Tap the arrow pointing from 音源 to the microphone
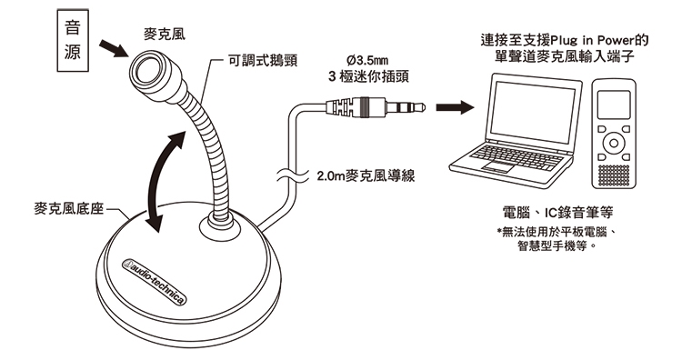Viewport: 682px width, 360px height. click(x=114, y=49)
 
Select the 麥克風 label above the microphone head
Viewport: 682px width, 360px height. click(x=165, y=34)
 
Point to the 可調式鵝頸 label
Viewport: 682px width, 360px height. click(x=263, y=60)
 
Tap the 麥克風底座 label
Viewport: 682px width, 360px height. click(x=69, y=209)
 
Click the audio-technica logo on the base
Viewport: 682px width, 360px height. click(x=155, y=282)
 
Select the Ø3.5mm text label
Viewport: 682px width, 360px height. click(x=367, y=60)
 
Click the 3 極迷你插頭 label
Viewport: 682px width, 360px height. click(x=367, y=77)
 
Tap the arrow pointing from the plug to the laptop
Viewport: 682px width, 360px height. click(x=455, y=107)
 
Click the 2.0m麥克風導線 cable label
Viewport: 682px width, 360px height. click(x=366, y=175)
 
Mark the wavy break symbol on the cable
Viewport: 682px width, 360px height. click(x=292, y=175)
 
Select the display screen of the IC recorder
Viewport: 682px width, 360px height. click(x=613, y=105)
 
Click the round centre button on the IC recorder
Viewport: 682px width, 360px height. click(x=614, y=143)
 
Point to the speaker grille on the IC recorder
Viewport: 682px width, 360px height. click(x=614, y=174)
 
